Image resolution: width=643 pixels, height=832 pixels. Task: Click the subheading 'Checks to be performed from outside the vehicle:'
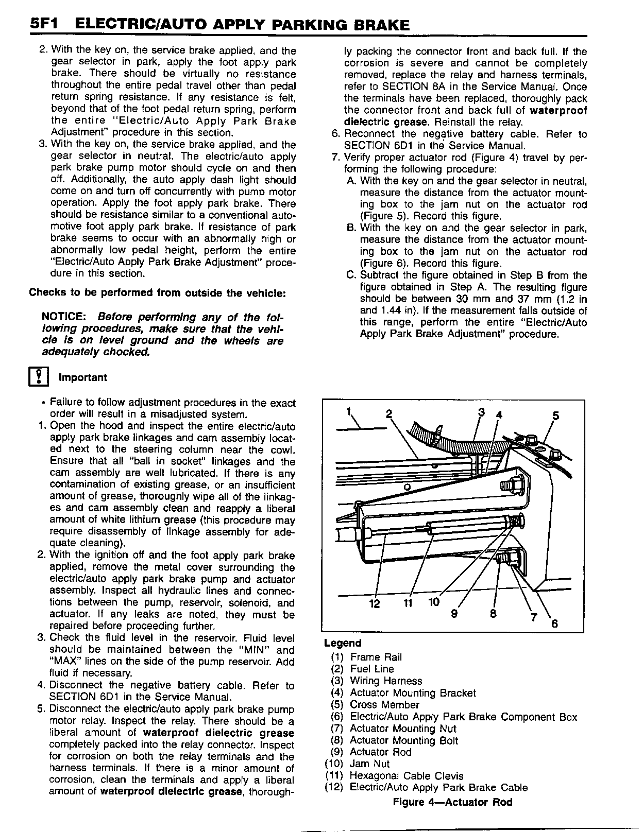coord(157,293)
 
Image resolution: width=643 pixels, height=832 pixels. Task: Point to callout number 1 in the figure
coord(349,411)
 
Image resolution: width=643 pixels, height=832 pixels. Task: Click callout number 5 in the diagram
coord(555,415)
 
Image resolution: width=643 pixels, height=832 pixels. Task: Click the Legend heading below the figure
coord(343,643)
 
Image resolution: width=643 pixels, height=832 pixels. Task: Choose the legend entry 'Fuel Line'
coord(371,669)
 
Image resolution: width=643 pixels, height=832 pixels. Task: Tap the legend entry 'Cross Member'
coord(384,705)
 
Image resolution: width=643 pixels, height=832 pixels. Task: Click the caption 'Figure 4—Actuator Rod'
coord(452,802)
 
